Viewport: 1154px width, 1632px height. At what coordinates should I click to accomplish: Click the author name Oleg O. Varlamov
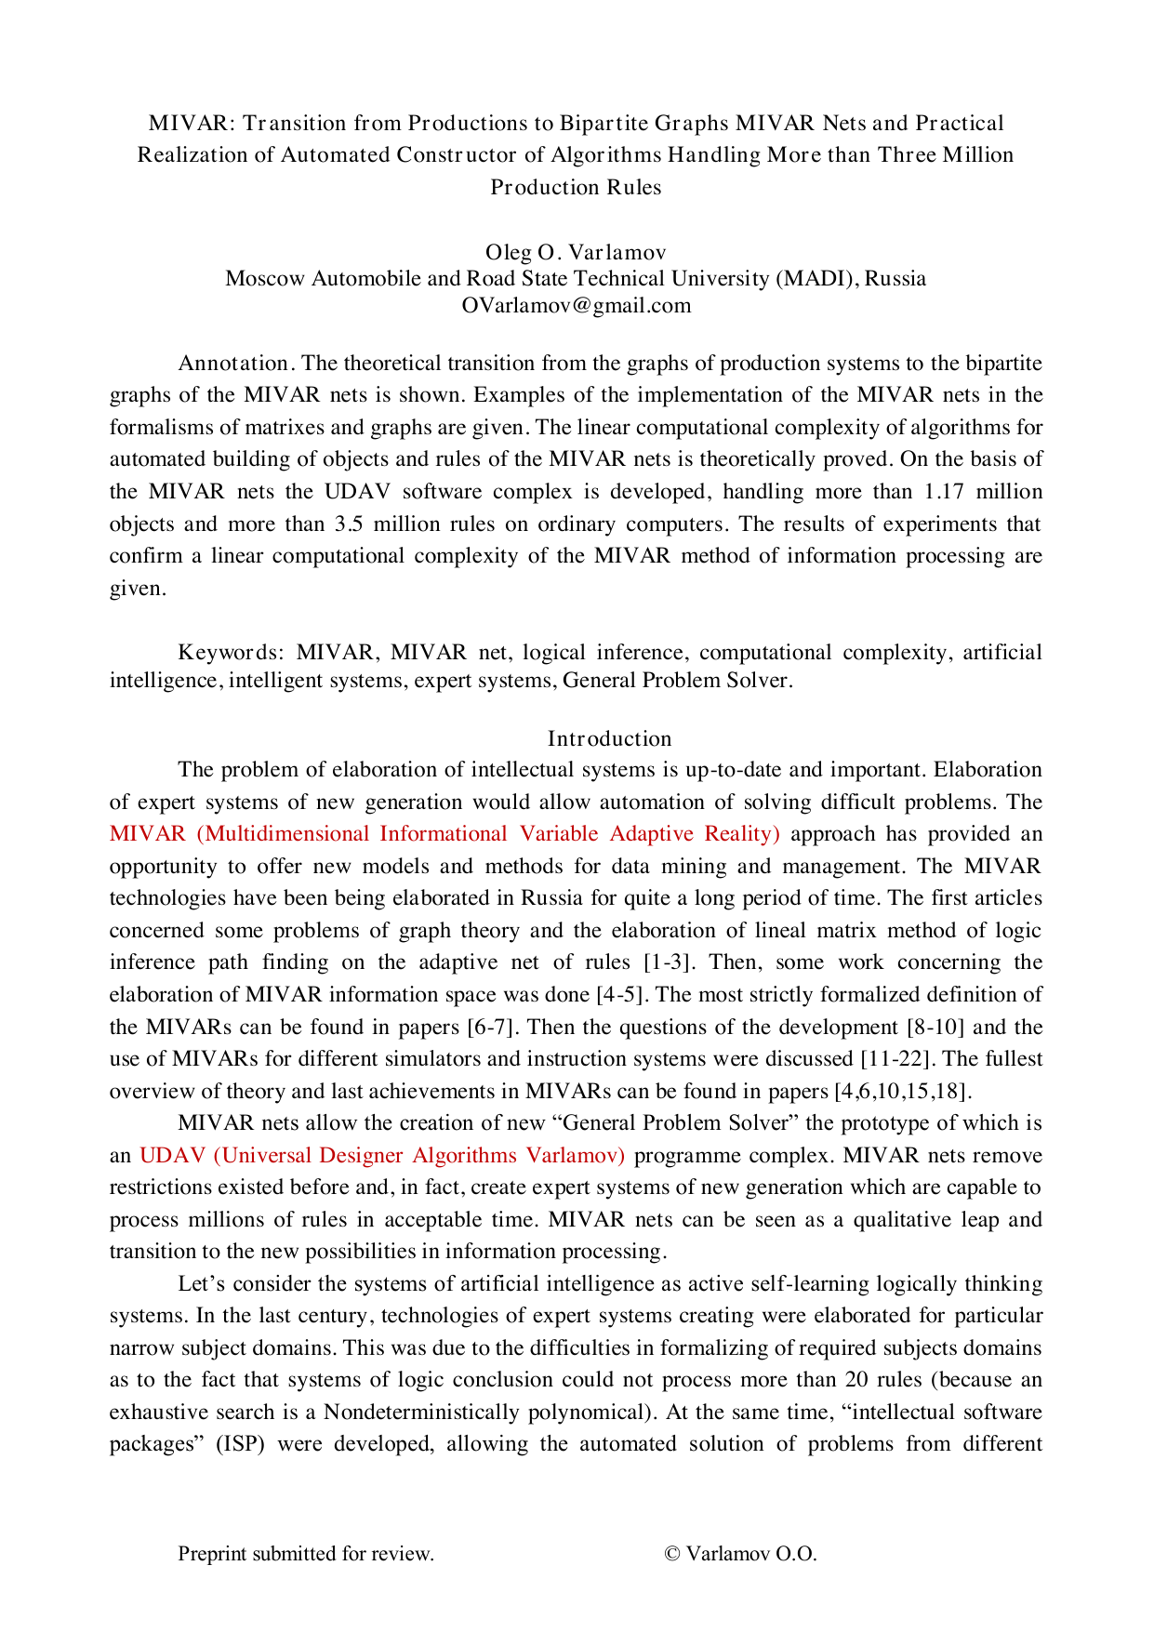576,252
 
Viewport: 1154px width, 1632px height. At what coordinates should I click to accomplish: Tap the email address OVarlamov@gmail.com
576,306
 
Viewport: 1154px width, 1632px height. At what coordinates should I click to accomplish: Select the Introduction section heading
609,738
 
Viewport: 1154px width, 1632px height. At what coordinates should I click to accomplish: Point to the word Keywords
231,652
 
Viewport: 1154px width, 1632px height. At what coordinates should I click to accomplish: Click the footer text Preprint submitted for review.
306,1554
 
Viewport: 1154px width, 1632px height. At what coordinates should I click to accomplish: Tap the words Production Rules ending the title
576,187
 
